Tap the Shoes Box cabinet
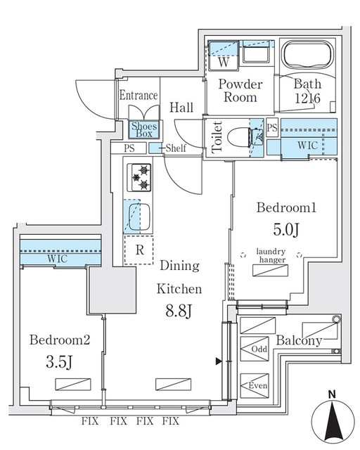click(x=146, y=129)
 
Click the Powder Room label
click(x=240, y=91)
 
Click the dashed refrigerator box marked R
click(x=139, y=250)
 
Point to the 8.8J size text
click(x=179, y=310)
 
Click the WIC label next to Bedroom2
click(x=59, y=259)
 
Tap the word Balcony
click(x=298, y=341)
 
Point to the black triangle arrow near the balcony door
click(x=218, y=361)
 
